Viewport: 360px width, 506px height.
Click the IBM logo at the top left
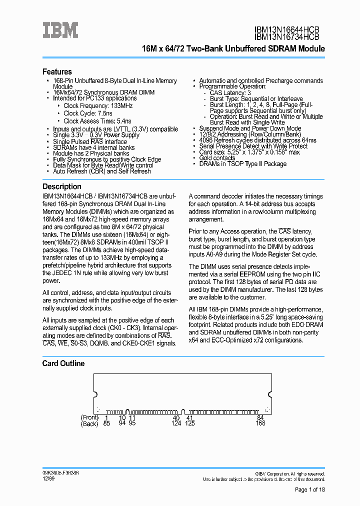[x=60, y=30]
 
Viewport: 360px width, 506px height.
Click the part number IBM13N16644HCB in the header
[x=286, y=29]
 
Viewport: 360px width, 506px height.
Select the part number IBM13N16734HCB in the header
[x=286, y=36]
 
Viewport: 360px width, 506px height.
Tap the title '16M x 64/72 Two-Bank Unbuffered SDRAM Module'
[x=233, y=49]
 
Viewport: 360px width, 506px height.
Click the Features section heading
[x=57, y=71]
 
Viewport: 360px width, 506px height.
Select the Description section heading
[x=61, y=186]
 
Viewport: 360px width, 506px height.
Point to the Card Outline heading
[x=63, y=363]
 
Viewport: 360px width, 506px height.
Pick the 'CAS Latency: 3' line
[x=230, y=93]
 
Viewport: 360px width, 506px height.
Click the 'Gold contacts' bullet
[x=217, y=157]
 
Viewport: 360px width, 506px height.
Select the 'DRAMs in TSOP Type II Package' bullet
[x=242, y=164]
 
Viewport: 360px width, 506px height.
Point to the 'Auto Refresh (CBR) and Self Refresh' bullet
[x=101, y=171]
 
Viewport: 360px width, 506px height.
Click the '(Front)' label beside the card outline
[x=89, y=417]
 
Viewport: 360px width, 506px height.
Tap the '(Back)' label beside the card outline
[x=90, y=424]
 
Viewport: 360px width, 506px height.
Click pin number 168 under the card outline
[x=260, y=424]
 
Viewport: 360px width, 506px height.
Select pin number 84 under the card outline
[x=260, y=417]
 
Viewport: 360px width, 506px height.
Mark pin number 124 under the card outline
[x=176, y=424]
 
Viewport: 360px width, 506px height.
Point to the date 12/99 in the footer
[x=48, y=478]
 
